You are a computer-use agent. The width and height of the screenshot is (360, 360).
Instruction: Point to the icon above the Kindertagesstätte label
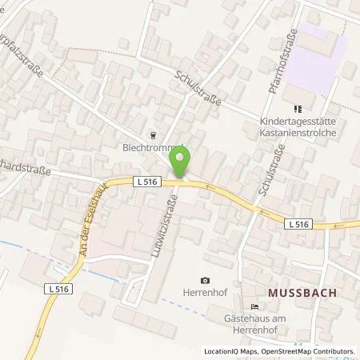click(x=299, y=108)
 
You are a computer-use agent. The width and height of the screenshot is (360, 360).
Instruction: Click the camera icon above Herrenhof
click(x=206, y=280)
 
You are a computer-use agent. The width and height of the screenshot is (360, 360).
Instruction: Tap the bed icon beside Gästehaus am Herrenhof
click(x=255, y=307)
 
